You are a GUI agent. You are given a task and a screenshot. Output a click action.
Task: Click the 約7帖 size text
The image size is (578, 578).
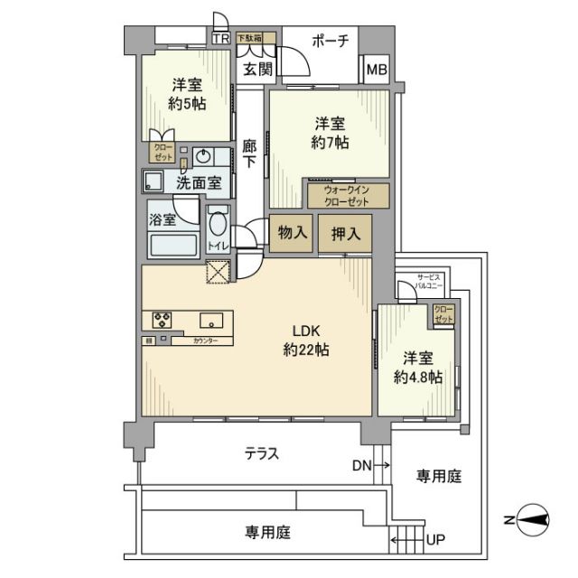tap(331, 142)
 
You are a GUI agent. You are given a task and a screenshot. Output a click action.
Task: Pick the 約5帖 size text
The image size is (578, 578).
tap(188, 104)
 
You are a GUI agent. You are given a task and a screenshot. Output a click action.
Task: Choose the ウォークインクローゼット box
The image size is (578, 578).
tap(349, 195)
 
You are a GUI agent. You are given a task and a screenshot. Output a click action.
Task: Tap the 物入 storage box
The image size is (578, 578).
tap(291, 233)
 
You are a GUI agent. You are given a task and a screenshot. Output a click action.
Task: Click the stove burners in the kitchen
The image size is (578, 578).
tap(163, 319)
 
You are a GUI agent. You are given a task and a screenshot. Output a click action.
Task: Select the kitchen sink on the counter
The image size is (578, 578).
tap(211, 319)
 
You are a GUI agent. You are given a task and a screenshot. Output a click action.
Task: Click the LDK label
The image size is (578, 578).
tap(303, 331)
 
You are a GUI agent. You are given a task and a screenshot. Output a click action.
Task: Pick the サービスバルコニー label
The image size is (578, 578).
tap(430, 280)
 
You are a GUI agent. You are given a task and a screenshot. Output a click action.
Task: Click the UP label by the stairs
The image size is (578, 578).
tap(435, 541)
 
